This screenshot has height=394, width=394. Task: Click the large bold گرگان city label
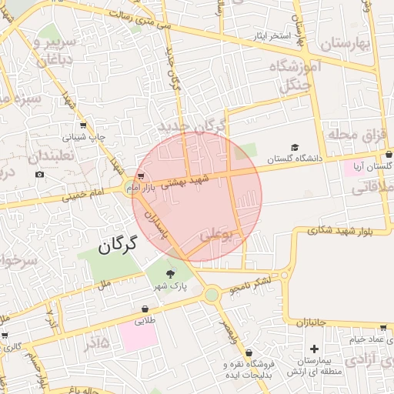coord(117,245)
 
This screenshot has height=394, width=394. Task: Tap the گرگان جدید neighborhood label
coord(192,125)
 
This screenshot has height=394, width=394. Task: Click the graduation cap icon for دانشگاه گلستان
coord(295,147)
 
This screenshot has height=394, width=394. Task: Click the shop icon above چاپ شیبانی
coord(83,125)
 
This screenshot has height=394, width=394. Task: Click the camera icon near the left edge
coord(39,175)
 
